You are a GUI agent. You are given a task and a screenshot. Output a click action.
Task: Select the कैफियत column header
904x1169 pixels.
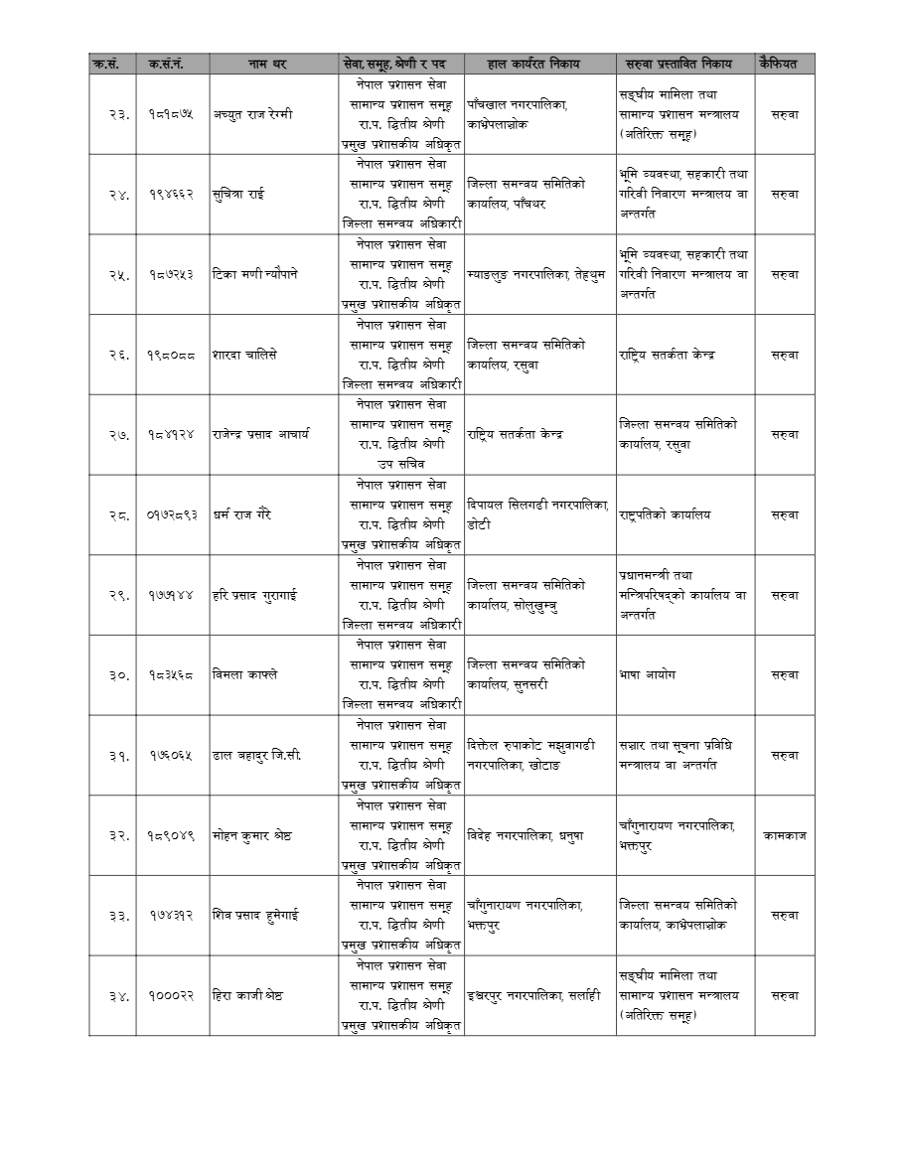pyautogui.click(x=784, y=64)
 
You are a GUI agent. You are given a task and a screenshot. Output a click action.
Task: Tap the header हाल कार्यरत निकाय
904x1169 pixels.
pyautogui.click(x=538, y=64)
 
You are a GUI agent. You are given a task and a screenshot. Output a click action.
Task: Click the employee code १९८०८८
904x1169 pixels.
pyautogui.click(x=172, y=355)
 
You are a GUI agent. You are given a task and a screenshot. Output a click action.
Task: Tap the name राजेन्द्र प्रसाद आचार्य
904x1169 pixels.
pyautogui.click(x=260, y=434)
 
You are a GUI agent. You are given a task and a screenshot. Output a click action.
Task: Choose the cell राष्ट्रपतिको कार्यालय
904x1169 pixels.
pyautogui.click(x=665, y=514)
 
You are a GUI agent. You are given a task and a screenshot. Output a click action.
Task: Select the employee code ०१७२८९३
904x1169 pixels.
pyautogui.click(x=172, y=514)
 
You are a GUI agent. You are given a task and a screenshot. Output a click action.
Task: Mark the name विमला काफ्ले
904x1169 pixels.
pyautogui.click(x=245, y=674)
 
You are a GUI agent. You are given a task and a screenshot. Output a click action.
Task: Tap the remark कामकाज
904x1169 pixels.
pyautogui.click(x=784, y=835)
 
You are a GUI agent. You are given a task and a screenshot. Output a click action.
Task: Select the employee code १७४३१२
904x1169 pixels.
pyautogui.click(x=172, y=915)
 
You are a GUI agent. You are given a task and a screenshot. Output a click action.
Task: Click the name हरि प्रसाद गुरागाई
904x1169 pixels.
pyautogui.click(x=255, y=595)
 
